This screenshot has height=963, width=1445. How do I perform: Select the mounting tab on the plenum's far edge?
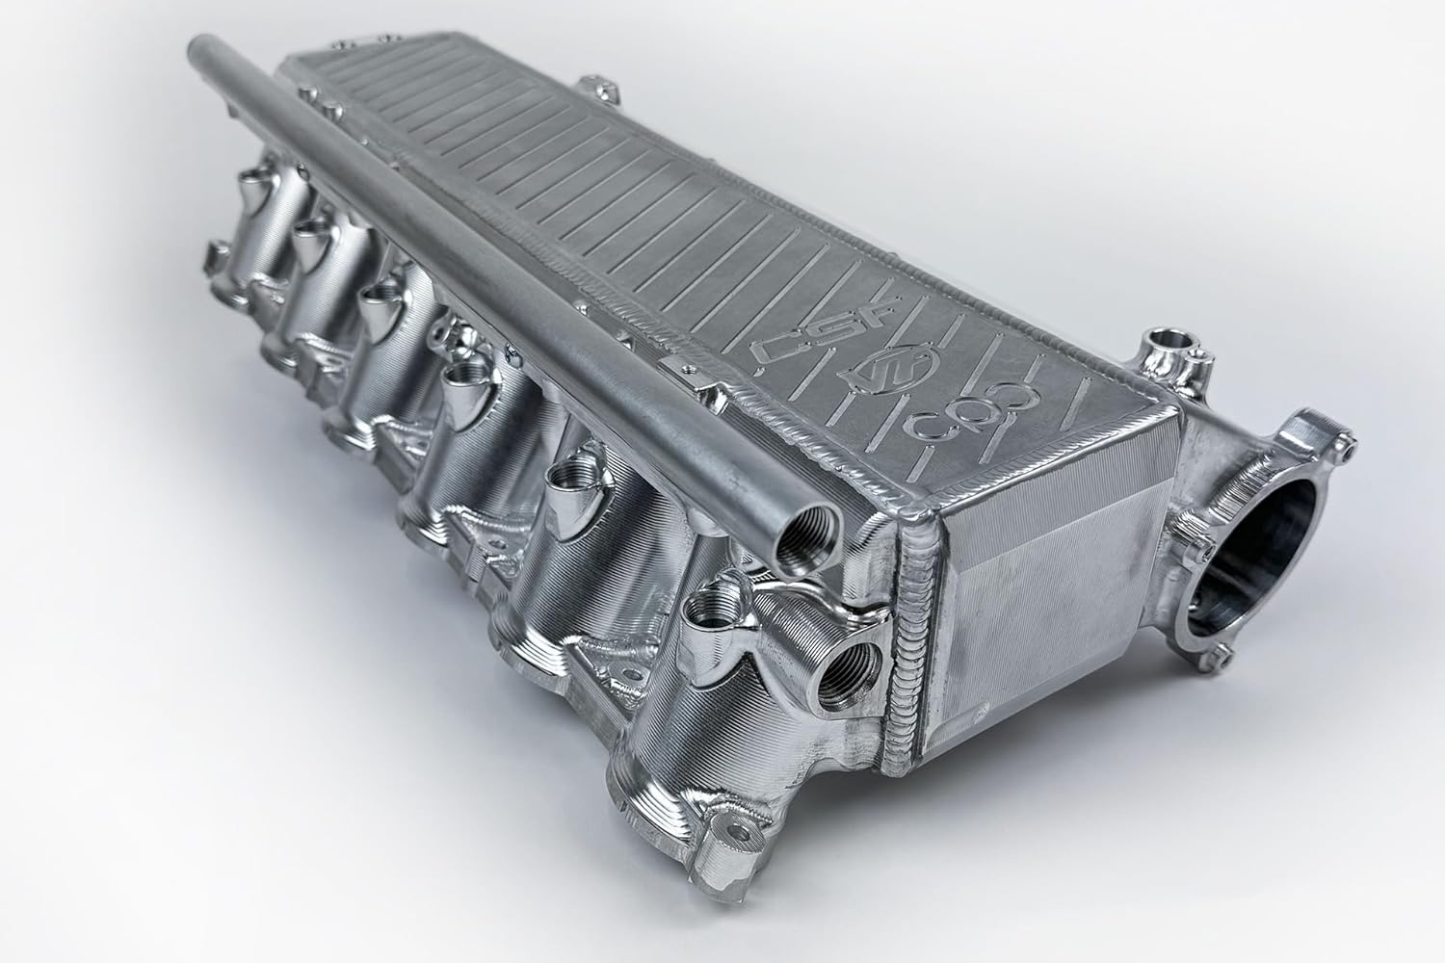(608, 91)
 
